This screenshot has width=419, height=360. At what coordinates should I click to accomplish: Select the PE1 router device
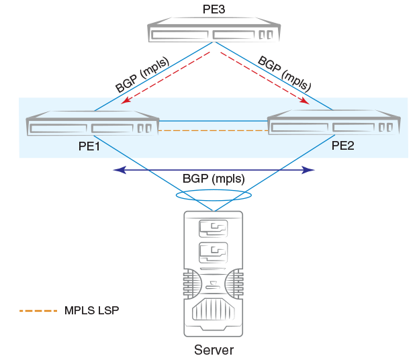click(92, 127)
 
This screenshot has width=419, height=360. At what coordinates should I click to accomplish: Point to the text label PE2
click(342, 146)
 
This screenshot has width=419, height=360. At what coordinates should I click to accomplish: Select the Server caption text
click(214, 350)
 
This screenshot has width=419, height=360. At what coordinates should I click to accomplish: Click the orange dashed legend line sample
click(39, 311)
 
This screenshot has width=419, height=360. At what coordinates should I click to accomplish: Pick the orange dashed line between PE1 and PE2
click(213, 130)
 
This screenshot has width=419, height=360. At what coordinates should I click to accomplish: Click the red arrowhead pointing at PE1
click(125, 101)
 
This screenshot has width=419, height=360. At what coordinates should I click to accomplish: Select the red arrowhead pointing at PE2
click(305, 101)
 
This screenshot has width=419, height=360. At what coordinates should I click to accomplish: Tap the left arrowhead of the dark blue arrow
click(118, 171)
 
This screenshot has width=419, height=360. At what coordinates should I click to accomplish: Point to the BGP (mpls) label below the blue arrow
click(213, 179)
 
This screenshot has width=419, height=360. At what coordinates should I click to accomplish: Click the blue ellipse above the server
click(214, 195)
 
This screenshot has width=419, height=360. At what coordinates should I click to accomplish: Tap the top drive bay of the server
click(214, 229)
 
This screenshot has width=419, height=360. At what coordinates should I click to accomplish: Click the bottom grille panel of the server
click(214, 312)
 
